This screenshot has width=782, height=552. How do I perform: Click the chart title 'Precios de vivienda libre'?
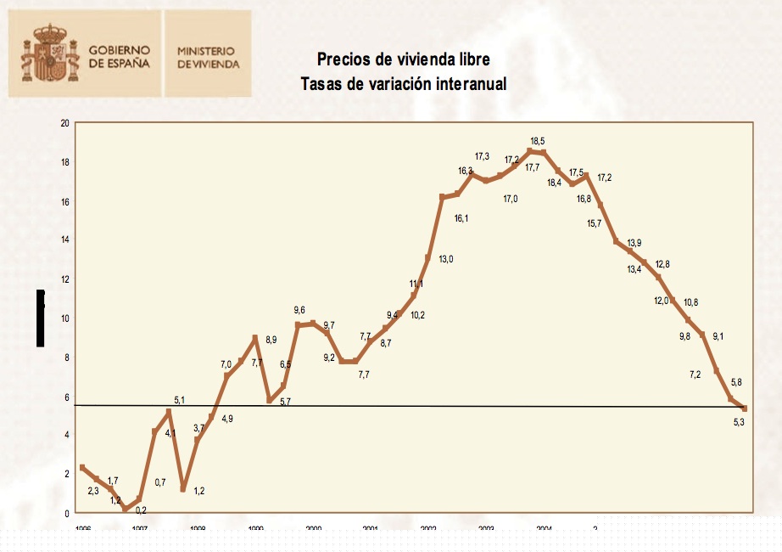tap(403, 59)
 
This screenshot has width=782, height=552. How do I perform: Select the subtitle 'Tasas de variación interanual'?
tap(403, 84)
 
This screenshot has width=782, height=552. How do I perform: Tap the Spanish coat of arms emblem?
tap(50, 53)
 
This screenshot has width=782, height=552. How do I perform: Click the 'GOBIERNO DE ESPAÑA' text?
tap(120, 57)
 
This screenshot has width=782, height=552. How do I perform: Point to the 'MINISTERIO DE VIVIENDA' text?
tap(208, 57)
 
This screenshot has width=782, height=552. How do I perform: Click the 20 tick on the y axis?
tap(64, 124)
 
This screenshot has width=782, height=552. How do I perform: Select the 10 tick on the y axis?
tap(64, 318)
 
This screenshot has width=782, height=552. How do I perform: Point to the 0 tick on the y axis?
tap(67, 514)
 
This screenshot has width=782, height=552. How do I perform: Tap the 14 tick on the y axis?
tap(64, 240)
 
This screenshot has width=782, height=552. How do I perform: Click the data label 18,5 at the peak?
tap(539, 141)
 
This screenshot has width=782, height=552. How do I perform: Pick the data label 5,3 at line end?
tap(738, 422)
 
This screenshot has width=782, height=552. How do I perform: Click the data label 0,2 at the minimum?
tap(141, 510)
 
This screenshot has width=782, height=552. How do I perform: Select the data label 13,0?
tap(446, 259)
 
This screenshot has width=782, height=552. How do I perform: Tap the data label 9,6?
tap(299, 310)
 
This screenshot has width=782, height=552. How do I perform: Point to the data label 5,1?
tap(180, 399)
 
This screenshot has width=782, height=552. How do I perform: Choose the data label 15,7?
tap(594, 223)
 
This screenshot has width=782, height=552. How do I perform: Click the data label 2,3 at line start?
tap(94, 491)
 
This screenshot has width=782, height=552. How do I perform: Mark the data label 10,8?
tap(691, 303)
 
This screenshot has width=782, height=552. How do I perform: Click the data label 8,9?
tap(271, 341)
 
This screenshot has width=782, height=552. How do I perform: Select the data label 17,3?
tap(482, 156)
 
